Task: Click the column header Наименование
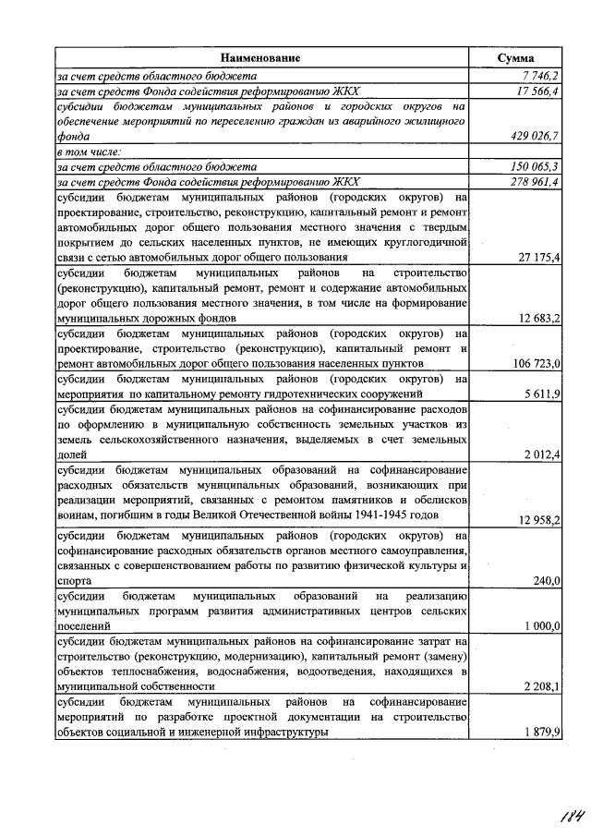(x=260, y=58)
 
